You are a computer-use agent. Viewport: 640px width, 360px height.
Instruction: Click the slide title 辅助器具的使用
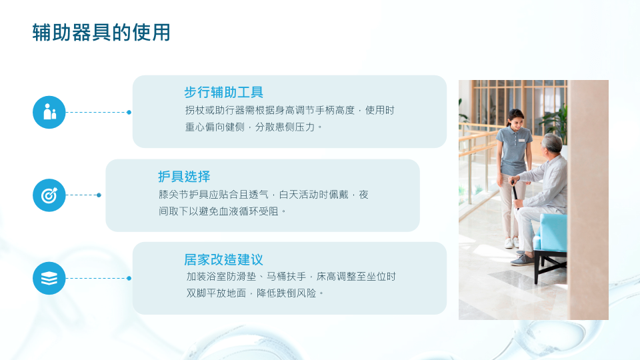click(101, 33)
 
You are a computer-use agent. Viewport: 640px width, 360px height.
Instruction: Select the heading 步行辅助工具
click(224, 92)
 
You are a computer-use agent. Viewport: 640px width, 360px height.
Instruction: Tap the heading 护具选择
click(184, 176)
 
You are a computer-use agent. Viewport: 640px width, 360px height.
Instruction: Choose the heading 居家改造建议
click(224, 259)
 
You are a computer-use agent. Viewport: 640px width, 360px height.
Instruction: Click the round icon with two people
click(49, 112)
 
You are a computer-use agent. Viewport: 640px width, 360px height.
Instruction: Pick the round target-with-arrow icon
click(49, 195)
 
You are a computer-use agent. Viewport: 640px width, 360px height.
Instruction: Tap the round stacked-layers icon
click(49, 279)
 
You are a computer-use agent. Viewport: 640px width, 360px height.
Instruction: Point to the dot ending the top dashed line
click(129, 112)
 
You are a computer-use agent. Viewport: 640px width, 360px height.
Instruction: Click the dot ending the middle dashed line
click(99, 195)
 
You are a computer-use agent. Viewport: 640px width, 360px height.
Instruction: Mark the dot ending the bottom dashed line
click(129, 279)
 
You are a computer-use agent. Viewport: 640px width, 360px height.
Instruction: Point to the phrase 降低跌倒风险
click(286, 293)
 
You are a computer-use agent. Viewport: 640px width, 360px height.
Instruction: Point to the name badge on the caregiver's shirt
click(521, 141)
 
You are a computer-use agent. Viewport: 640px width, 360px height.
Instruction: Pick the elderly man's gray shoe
click(522, 259)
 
